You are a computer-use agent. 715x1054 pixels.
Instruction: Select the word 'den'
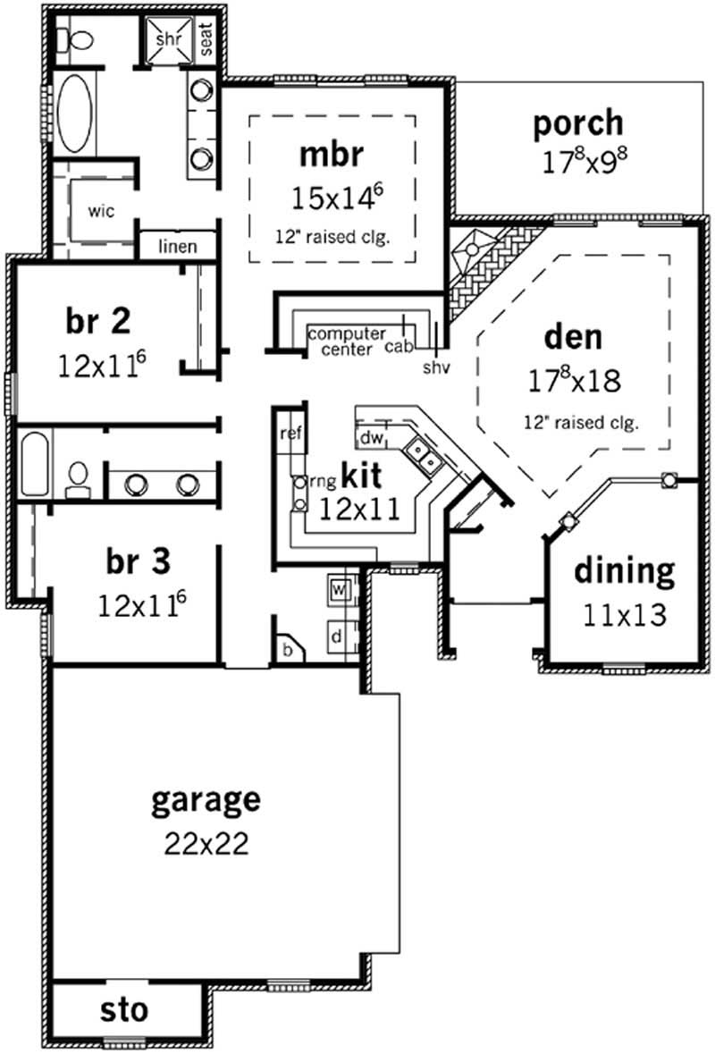[573, 338]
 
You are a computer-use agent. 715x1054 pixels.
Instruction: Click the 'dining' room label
[624, 570]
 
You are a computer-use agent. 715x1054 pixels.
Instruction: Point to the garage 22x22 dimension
[206, 844]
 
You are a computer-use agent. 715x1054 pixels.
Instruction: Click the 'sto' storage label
[124, 1011]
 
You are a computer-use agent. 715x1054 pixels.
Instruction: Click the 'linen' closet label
[177, 246]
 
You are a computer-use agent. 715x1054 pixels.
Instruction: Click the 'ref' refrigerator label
[289, 434]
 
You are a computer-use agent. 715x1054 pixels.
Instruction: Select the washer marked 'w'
[340, 590]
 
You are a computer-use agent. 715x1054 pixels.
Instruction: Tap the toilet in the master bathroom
[78, 39]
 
